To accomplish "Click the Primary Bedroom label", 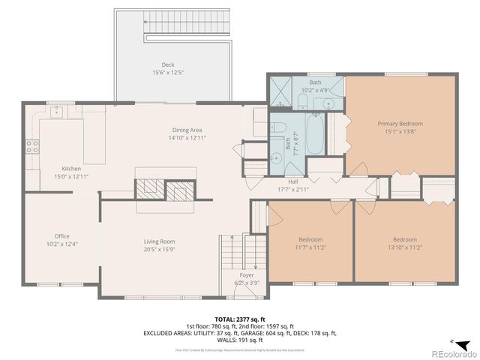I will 400,124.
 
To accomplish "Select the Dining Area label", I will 187,130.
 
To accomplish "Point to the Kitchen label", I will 71,169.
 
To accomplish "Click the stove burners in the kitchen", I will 32,145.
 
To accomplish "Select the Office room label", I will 61,235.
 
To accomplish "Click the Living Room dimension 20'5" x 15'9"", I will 160,250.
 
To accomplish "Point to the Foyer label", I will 247,275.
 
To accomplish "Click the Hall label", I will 293,181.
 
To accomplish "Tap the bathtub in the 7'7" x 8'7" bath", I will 314,134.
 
